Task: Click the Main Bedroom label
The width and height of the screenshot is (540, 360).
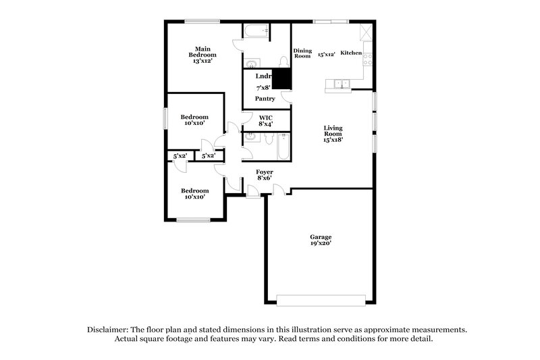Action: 200,54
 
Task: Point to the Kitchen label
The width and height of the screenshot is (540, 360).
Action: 351,53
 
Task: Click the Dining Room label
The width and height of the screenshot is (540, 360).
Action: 302,53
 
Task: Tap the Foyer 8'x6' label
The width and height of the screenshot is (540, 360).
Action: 265,176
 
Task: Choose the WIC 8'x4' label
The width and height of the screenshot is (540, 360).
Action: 265,120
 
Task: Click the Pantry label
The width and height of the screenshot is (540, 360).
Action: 265,99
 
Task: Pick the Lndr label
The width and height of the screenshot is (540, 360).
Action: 263,76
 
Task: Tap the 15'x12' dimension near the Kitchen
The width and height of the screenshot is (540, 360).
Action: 327,53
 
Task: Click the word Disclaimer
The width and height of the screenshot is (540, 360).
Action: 109,330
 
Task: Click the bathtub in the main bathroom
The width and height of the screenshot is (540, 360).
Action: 256,31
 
